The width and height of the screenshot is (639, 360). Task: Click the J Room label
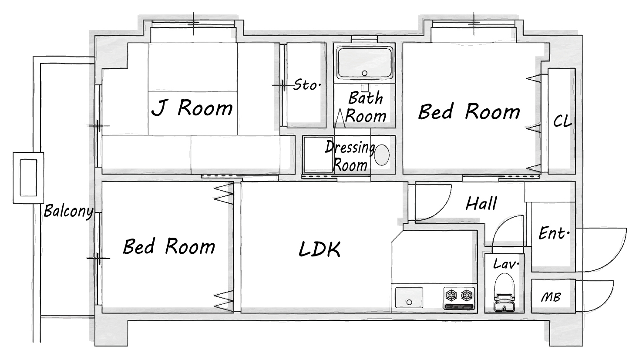tap(192, 108)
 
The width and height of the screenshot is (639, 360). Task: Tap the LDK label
tap(319, 249)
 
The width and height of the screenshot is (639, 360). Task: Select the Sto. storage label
tap(307, 85)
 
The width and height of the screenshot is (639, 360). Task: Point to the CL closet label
tap(562, 121)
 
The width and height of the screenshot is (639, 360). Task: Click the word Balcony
tap(69, 212)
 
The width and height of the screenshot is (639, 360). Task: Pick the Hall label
tap(481, 203)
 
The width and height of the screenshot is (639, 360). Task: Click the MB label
tap(551, 297)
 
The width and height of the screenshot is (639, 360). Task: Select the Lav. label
tap(506, 264)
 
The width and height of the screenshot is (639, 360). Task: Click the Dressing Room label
tap(350, 156)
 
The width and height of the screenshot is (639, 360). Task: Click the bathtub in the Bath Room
tap(364, 63)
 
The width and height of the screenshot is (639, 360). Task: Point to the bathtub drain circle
tap(364, 73)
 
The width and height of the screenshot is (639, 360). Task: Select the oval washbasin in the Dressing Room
tap(382, 155)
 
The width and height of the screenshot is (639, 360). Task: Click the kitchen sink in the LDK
tap(409, 297)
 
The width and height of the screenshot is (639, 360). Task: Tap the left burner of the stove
tap(451, 295)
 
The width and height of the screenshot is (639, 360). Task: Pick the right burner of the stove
tap(467, 295)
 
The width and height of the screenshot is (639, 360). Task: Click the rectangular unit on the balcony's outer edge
tap(29, 178)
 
